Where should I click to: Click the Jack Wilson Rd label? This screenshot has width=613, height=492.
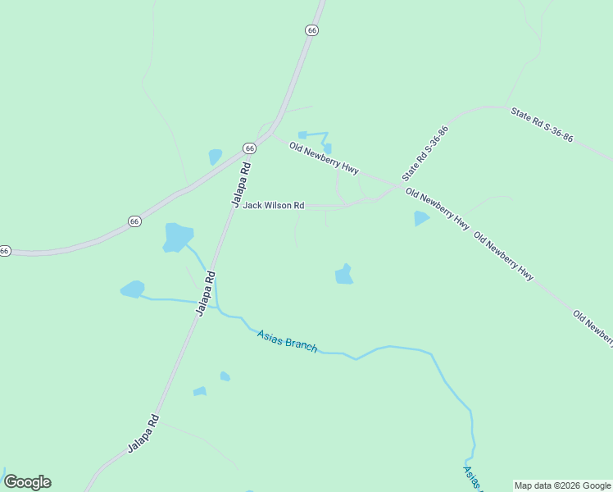click(x=273, y=205)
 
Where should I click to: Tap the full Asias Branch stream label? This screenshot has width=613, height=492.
click(x=287, y=340)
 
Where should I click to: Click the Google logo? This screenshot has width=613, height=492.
click(x=27, y=482)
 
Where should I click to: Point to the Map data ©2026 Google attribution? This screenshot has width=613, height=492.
click(x=562, y=485)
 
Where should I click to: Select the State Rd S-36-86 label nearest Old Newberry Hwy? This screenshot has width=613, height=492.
click(x=426, y=153)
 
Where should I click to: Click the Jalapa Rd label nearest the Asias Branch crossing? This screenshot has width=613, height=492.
click(x=205, y=293)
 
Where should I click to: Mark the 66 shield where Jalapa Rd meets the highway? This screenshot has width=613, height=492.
click(x=249, y=148)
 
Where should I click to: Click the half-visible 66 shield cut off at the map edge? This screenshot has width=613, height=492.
click(x=4, y=250)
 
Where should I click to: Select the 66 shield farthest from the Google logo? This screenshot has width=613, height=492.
click(x=311, y=30)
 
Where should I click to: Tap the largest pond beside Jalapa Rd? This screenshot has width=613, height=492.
click(x=178, y=237)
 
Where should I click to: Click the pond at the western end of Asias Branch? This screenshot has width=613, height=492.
click(x=133, y=289)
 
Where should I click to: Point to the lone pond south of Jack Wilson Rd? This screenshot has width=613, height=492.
click(x=344, y=275)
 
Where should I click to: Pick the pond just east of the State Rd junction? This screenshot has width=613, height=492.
click(x=421, y=218)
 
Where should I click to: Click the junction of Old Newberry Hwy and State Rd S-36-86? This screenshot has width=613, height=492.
click(x=399, y=187)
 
